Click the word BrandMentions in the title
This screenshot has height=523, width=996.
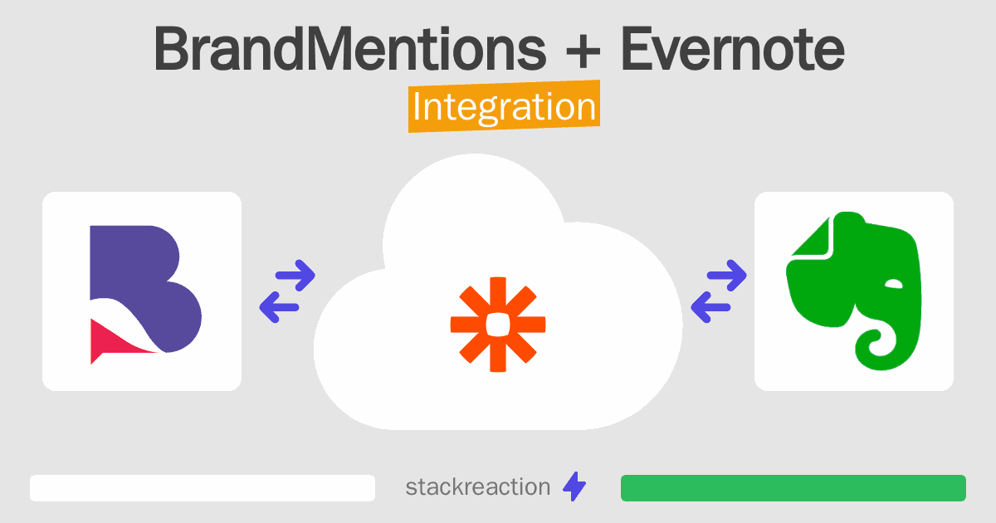350,48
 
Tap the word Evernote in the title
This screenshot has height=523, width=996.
732,48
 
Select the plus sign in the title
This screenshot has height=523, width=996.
583,51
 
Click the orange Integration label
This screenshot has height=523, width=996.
505,106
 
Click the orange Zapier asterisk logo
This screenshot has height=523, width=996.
498,325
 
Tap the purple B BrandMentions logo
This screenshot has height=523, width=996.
145,295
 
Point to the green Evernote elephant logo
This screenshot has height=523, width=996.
854,291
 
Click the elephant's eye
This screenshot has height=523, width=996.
894,284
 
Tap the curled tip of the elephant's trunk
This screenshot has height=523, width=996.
875,343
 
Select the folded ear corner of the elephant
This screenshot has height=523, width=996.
813,237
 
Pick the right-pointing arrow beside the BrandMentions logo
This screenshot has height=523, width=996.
295,276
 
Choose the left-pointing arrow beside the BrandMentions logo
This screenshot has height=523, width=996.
279,307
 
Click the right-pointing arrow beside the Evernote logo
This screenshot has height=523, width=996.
726,276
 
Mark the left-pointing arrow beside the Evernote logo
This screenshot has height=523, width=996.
710,307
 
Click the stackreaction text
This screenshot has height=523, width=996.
477,487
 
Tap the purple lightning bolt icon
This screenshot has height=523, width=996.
574,486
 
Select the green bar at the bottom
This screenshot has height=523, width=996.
793,488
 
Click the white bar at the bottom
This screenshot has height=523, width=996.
203,488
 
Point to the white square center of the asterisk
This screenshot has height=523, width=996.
498,325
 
